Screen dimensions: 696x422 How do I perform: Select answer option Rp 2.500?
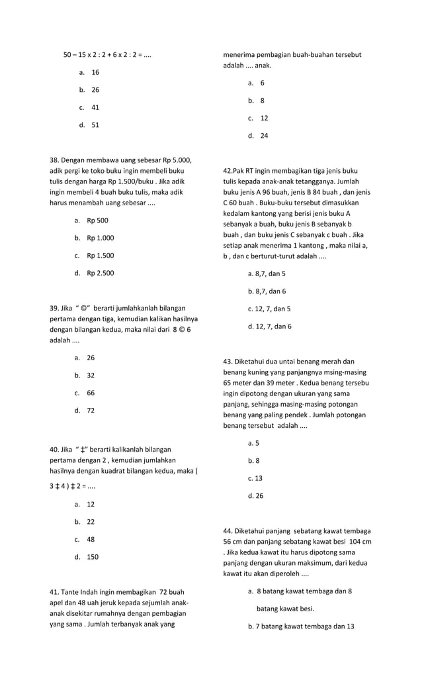pos(100,273)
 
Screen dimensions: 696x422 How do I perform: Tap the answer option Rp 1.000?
pos(100,238)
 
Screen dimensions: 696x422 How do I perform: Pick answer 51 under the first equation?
pos(95,124)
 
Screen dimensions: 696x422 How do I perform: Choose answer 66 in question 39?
pos(91,393)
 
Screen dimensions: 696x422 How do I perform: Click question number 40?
pos(56,450)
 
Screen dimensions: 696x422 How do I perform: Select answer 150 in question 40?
pos(93,557)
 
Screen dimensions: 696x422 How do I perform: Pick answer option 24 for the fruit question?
pos(264,136)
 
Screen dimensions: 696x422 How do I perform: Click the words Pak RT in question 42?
pos(244,171)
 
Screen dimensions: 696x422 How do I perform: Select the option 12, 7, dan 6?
pos(269,326)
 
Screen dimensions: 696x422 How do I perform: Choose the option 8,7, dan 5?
pos(267,273)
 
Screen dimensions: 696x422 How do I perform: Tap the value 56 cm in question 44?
pos(233,542)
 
